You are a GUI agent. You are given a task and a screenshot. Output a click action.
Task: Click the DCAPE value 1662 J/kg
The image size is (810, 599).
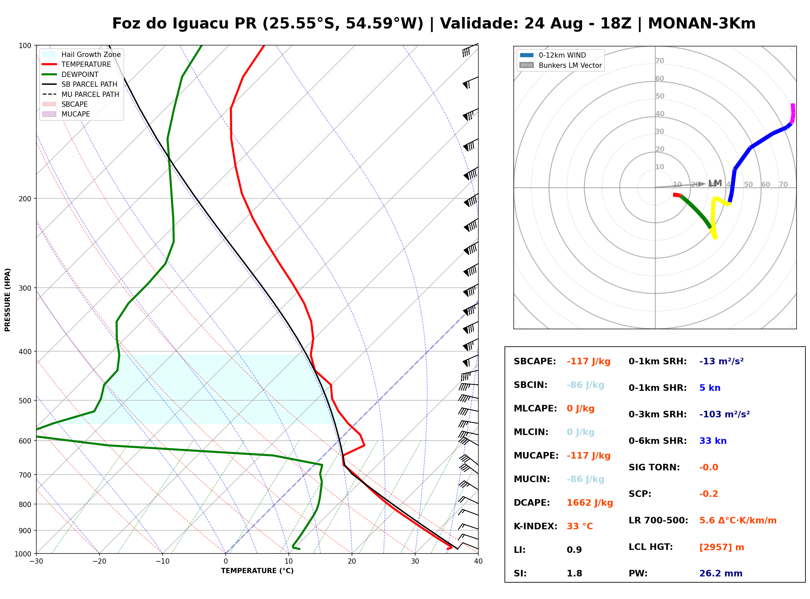point(590,503)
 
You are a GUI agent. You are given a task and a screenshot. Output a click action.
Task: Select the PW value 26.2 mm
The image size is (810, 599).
point(721,573)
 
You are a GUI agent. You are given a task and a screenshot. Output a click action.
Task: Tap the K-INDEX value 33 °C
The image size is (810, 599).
point(580,526)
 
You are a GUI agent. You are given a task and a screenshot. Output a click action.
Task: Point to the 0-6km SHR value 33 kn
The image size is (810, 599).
point(713,441)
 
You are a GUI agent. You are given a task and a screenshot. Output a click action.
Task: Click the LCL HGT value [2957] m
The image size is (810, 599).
point(722,547)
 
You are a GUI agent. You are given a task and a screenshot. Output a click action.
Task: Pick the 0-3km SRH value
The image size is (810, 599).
point(725,414)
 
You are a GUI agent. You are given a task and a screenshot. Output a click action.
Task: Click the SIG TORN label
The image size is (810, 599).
point(654,467)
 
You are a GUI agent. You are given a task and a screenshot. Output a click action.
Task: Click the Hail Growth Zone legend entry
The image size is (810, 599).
point(82,54)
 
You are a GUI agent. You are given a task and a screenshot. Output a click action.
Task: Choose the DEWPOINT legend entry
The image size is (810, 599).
point(70,74)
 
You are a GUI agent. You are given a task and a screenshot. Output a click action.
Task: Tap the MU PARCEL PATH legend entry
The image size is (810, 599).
point(81,94)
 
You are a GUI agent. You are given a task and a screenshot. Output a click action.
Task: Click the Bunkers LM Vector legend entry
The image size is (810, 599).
point(561,65)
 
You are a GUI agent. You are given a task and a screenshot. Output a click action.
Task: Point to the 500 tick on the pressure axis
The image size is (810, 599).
point(26,401)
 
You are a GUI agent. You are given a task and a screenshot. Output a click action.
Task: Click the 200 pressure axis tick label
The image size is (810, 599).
point(26,199)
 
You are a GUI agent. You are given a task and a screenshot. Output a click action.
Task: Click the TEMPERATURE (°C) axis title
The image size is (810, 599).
point(257,571)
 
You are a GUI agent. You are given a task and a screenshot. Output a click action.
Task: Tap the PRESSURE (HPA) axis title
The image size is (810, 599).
point(8,300)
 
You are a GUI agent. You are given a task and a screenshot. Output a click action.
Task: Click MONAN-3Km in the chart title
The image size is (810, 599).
point(702,24)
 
